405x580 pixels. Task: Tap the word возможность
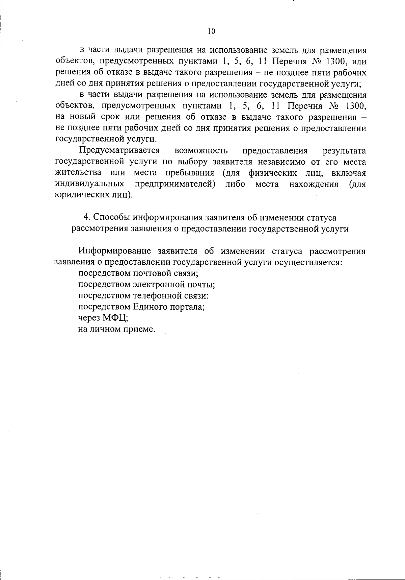click(201, 150)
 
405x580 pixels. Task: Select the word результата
click(344, 150)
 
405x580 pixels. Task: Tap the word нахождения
click(314, 184)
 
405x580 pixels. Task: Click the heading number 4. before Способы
click(86, 217)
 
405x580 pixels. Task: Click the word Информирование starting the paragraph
click(115, 251)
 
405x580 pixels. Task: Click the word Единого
click(147, 307)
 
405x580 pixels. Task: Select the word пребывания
click(190, 173)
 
